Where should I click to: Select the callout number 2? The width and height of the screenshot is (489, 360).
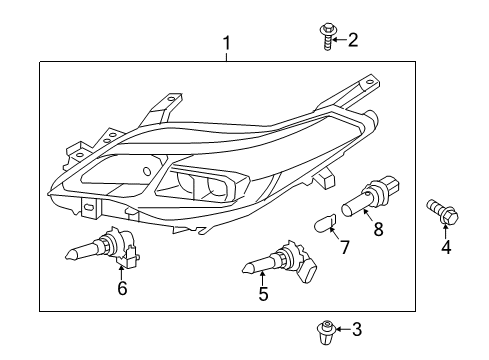(351, 40)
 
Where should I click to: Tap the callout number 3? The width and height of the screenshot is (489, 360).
(358, 328)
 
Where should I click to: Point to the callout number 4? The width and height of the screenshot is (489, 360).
(446, 247)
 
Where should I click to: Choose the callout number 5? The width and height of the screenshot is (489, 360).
(264, 294)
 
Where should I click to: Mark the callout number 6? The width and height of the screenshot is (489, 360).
(122, 289)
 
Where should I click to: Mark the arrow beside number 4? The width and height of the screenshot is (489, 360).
(446, 232)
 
